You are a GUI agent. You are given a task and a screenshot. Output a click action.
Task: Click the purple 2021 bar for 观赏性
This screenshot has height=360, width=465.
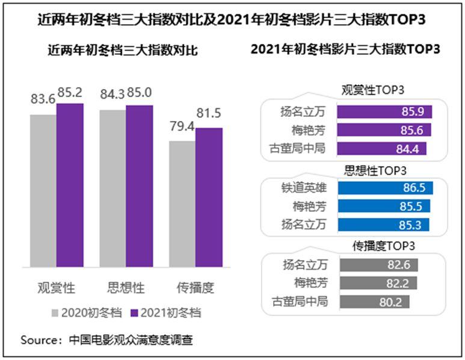coord(70,185)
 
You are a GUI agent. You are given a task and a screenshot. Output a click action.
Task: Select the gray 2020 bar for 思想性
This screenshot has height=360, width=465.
coord(112,188)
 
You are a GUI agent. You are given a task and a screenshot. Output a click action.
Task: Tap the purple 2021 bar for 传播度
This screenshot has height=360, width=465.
coord(209,197)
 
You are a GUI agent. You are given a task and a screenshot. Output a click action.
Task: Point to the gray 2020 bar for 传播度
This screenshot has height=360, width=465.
coord(182,203)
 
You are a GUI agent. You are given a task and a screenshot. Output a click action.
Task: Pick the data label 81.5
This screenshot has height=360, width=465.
coord(209,114)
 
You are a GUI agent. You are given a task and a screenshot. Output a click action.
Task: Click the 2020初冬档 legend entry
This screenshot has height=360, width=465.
coord(87,313)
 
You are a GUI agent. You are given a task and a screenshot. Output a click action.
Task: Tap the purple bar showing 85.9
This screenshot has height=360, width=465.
coord(384,111)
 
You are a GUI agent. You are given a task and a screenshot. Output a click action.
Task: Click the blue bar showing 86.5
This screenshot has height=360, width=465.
coord(385,188)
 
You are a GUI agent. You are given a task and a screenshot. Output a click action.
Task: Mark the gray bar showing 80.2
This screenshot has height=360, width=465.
coord(374,302)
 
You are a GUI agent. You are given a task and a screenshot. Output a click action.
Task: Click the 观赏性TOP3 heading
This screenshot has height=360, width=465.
coord(372,91)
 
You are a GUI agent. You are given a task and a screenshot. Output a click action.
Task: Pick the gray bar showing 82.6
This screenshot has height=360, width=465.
coord(378,265)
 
